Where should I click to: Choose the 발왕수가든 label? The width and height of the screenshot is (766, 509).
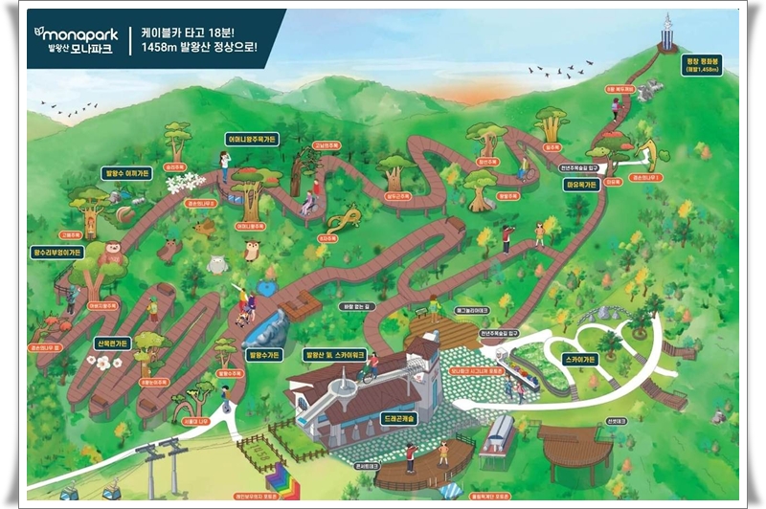[x=264, y=354]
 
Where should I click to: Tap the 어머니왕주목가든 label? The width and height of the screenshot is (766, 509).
[x=253, y=138]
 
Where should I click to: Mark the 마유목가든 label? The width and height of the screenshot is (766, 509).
[x=581, y=184]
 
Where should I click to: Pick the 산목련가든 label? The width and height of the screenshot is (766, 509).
[x=113, y=343]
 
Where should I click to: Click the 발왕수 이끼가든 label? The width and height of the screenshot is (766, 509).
[x=126, y=173]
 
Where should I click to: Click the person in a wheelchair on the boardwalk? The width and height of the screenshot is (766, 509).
[x=308, y=203]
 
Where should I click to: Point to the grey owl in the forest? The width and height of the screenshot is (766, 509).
[x=216, y=264]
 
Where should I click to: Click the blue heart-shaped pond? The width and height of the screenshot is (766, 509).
[x=266, y=286]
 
